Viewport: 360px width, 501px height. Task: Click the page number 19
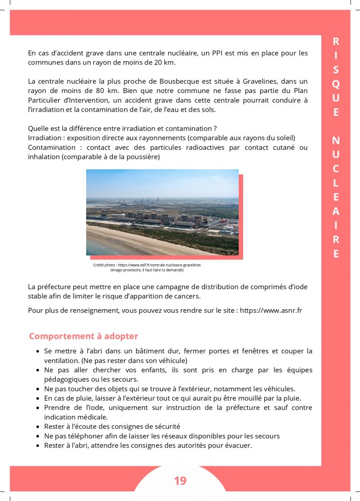click(x=180, y=481)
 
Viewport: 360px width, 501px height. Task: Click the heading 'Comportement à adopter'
click(x=83, y=336)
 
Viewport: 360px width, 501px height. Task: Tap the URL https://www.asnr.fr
click(x=271, y=310)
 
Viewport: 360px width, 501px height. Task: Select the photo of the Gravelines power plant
click(x=162, y=212)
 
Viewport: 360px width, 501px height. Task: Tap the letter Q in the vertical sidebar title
click(x=336, y=84)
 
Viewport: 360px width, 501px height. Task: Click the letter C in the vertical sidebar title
click(x=336, y=169)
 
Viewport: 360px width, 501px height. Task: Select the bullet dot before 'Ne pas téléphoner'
click(x=38, y=436)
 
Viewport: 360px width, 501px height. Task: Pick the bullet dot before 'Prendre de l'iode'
click(x=38, y=408)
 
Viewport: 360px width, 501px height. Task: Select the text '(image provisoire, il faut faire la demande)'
click(x=147, y=270)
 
